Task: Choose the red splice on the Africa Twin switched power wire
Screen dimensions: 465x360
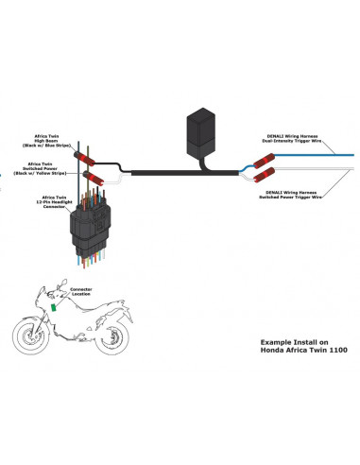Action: (x=93, y=176)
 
